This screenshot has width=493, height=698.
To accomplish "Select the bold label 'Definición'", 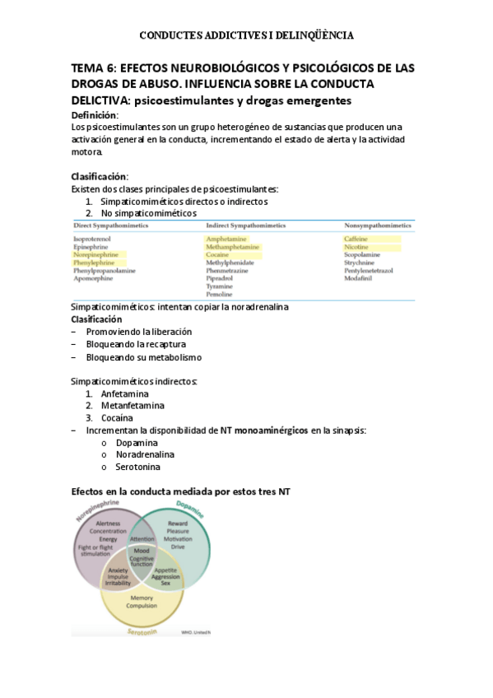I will [x=95, y=115].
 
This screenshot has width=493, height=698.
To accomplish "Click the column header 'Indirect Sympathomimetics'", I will [x=245, y=225].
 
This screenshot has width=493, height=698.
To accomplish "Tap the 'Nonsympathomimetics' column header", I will [x=378, y=225].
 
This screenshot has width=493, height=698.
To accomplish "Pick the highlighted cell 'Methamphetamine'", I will [x=233, y=247].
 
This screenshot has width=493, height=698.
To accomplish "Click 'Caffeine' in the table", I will [x=356, y=239].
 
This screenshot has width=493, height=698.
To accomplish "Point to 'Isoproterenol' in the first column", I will [x=94, y=239].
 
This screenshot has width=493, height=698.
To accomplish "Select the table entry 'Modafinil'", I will [x=359, y=278].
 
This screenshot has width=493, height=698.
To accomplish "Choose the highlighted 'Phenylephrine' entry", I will [x=95, y=263].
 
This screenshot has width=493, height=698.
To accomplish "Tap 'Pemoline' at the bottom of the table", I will [x=219, y=294].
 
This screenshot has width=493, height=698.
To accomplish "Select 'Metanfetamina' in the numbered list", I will [x=133, y=405].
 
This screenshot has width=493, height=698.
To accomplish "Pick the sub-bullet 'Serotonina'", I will [x=138, y=467].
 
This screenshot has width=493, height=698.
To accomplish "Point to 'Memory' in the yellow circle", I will [x=142, y=598].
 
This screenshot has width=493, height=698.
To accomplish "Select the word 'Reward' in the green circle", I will [x=178, y=523].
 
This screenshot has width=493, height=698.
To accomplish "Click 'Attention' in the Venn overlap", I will [x=142, y=539].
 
